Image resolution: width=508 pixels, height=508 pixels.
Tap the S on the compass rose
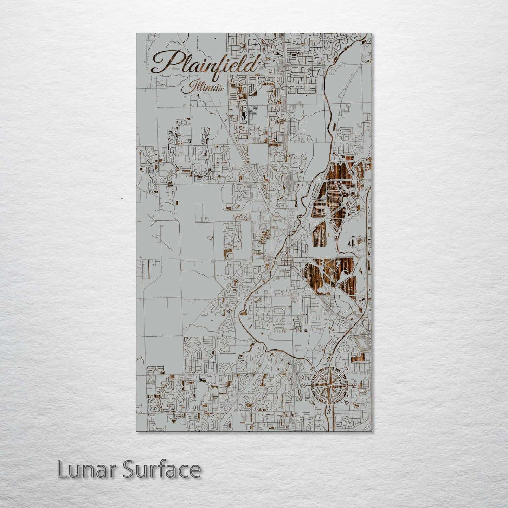pyautogui.click(x=329, y=411)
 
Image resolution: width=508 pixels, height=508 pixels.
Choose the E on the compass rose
pyautogui.click(x=354, y=386)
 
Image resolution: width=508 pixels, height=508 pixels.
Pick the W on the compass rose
pyautogui.click(x=303, y=386)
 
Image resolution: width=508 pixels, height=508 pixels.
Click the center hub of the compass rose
pyautogui.click(x=329, y=386)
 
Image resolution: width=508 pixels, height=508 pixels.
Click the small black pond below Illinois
pyautogui.click(x=243, y=113)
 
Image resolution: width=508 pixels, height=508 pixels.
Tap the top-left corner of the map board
pyautogui.click(x=137, y=33)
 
